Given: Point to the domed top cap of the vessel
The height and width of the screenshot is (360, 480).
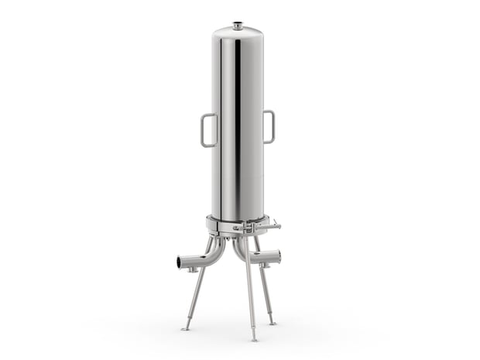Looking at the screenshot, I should point(238,32).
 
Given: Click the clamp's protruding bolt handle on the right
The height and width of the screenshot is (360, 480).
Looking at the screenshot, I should point(274,226).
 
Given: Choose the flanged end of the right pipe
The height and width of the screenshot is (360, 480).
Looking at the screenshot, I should point(277,256).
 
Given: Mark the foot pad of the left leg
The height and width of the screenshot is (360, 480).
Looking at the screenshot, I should point(185,328).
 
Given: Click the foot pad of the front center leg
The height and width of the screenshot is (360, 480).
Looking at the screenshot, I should point(253,339).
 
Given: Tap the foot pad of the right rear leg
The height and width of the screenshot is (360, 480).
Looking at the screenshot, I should point(272,322).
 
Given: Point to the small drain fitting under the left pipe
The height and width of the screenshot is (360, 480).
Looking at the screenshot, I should point(190,270).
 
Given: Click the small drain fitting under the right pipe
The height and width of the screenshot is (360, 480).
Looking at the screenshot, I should point(265,266).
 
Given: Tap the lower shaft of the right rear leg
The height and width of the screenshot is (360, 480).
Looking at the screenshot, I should point(267,302).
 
